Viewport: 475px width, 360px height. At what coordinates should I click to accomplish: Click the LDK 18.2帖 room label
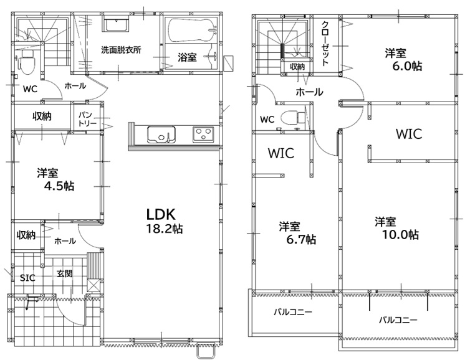coord(164,221)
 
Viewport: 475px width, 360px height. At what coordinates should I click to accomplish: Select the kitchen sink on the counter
coord(161,135)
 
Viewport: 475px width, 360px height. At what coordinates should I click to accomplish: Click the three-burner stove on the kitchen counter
coord(203,135)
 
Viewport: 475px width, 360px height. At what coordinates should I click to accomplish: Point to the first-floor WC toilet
coord(27,62)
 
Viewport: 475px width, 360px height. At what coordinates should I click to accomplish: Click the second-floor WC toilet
coord(292,118)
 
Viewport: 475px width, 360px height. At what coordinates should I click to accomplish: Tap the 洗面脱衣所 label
coord(121,50)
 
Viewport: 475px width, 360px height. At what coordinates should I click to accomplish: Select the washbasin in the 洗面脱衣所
coord(117,25)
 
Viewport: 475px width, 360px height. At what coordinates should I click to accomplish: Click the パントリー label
coord(87,119)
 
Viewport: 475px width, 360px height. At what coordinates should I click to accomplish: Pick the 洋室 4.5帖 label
coord(55,179)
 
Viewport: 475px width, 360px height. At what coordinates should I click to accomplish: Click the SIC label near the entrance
coord(27,278)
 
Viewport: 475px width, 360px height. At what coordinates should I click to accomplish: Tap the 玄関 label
coord(65,273)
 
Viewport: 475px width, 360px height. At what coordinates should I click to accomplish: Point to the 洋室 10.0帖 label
coord(396,228)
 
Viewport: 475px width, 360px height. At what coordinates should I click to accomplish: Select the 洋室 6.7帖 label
coord(297,232)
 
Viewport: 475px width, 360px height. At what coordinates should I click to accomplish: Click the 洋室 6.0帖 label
coord(403,59)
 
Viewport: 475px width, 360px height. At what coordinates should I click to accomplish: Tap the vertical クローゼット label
coord(325,44)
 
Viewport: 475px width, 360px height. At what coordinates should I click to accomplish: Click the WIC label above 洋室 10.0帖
coord(409,134)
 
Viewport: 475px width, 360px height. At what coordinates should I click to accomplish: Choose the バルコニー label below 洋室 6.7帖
coord(292,312)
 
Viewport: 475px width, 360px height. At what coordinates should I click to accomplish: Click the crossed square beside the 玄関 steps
coord(94,285)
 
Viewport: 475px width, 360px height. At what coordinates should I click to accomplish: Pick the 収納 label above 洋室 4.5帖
coord(42,116)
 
